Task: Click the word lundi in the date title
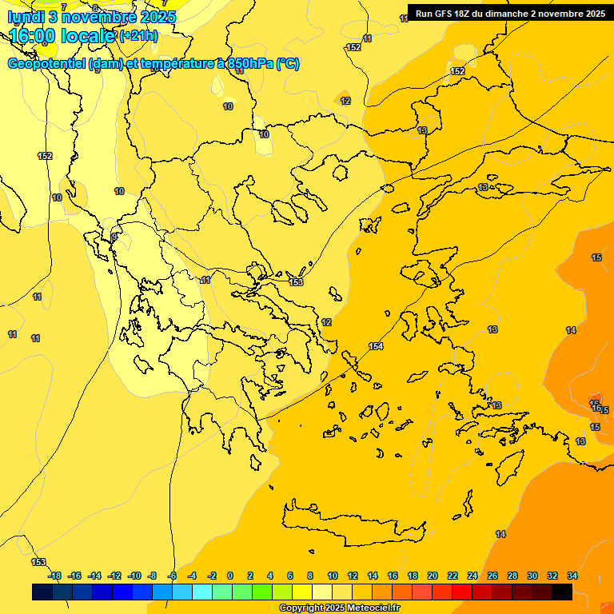[26, 17]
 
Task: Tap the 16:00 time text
[34, 36]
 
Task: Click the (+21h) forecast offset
[138, 36]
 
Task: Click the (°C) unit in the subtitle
[288, 64]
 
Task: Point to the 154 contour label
[376, 346]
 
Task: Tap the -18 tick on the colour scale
[54, 576]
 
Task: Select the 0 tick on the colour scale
[230, 576]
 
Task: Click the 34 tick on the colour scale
[572, 576]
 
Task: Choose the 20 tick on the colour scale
[433, 576]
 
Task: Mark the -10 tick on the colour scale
[134, 576]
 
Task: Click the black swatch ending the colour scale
[562, 592]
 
